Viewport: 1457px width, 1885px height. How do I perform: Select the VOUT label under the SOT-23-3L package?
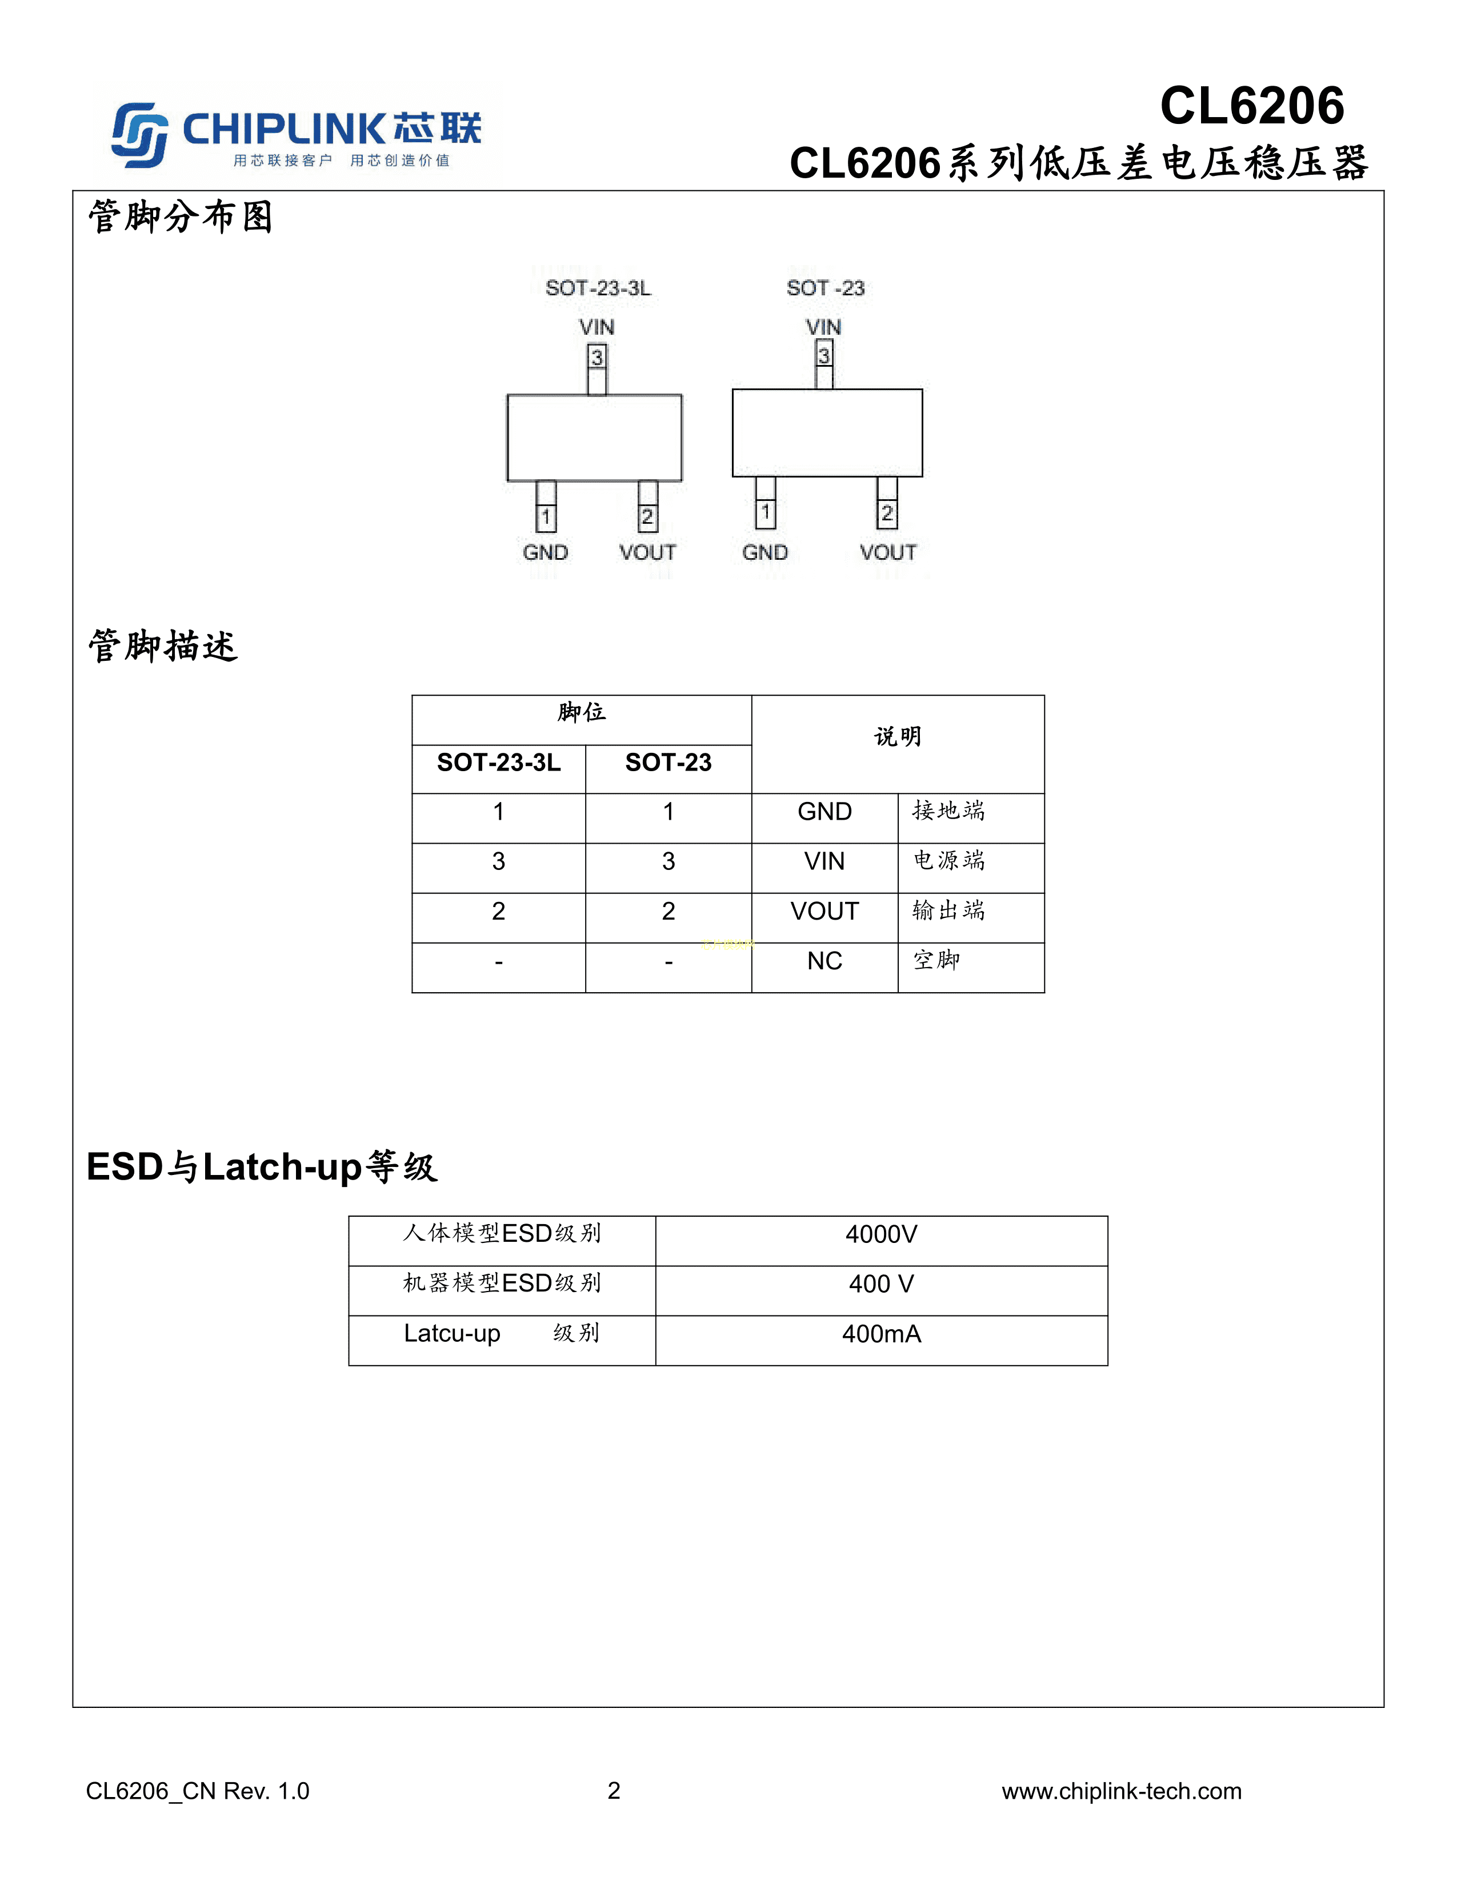pos(647,552)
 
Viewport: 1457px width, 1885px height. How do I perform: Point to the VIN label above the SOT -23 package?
pos(823,327)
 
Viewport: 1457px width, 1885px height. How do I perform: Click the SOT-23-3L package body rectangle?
pos(595,438)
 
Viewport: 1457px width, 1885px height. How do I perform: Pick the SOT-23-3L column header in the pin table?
pos(499,762)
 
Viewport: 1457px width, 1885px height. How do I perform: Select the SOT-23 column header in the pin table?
pos(668,762)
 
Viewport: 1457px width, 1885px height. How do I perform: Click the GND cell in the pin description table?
pos(824,811)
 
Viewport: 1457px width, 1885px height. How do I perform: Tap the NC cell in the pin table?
pos(824,961)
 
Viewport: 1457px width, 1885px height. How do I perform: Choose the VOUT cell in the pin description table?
pos(824,912)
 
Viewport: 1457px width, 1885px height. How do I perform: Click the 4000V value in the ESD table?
pos(881,1234)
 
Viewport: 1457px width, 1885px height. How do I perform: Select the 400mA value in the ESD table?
pos(881,1334)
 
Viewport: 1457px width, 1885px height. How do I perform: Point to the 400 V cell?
pos(881,1284)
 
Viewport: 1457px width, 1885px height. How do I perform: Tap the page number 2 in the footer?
pos(614,1791)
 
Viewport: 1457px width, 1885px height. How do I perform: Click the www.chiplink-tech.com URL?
pos(1121,1792)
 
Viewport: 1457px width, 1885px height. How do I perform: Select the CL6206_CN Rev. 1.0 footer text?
pos(198,1792)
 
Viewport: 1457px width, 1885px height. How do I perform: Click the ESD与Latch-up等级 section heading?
pos(262,1167)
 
